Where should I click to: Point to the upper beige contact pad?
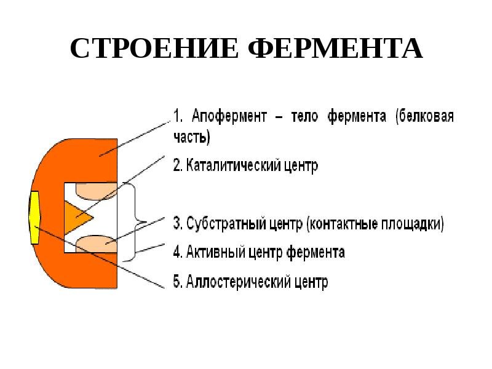coord(95,190)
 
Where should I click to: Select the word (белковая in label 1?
coord(425,116)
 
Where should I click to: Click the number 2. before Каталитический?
coord(177,166)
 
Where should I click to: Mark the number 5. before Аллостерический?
coord(177,282)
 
